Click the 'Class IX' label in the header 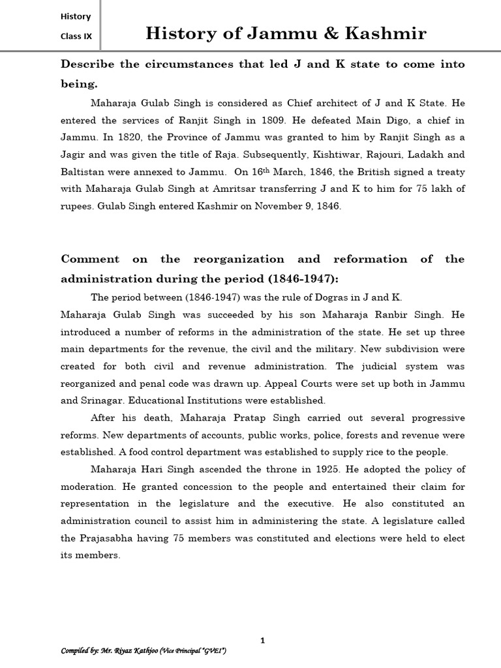pos(76,37)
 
